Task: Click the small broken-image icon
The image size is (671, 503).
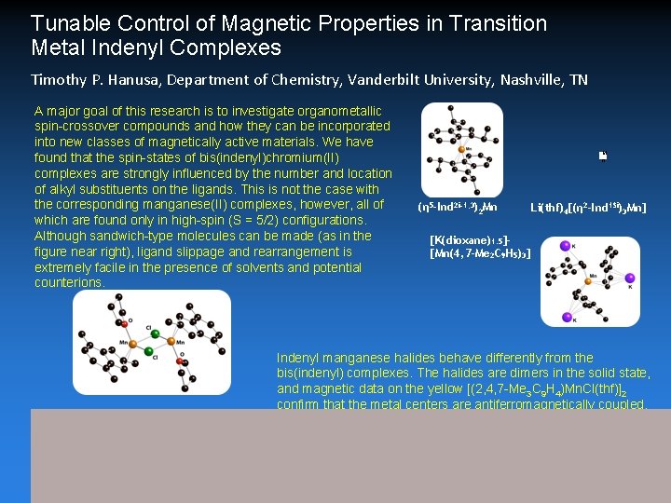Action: point(603,156)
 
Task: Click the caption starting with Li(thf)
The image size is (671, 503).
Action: point(588,207)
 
